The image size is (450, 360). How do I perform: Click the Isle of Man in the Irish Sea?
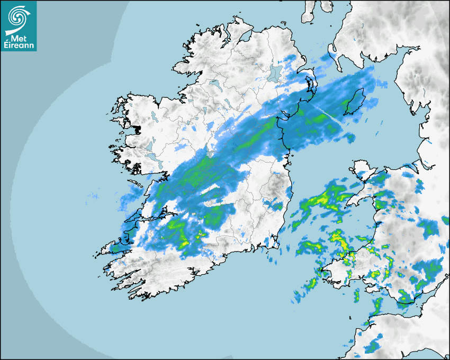coord(354,103)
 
